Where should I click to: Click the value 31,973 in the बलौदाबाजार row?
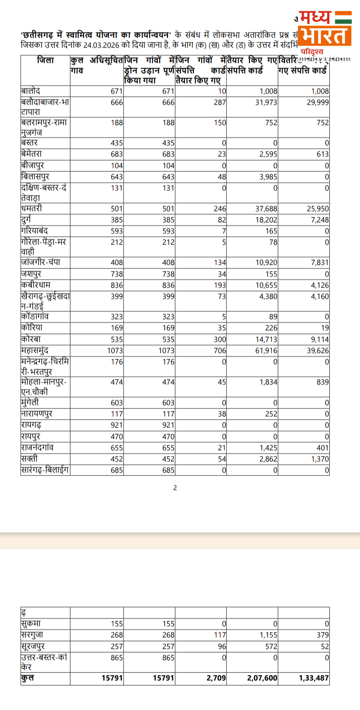266,102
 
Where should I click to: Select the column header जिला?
46,60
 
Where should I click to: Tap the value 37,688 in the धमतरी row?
266,209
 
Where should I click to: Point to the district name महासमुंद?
35,350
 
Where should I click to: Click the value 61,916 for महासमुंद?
266,350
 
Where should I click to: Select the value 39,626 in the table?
318,350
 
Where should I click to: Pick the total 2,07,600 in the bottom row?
262,678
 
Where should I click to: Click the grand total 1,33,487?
314,678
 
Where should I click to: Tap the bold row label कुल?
28,678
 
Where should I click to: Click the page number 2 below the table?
175,488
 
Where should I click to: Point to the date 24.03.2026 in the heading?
101,45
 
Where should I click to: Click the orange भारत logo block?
324,36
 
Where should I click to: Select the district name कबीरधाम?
36,285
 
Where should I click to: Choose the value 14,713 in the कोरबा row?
266,339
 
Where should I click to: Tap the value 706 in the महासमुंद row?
220,350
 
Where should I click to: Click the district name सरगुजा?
32,635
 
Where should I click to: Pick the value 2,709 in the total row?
216,678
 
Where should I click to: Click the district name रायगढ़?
31,425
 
